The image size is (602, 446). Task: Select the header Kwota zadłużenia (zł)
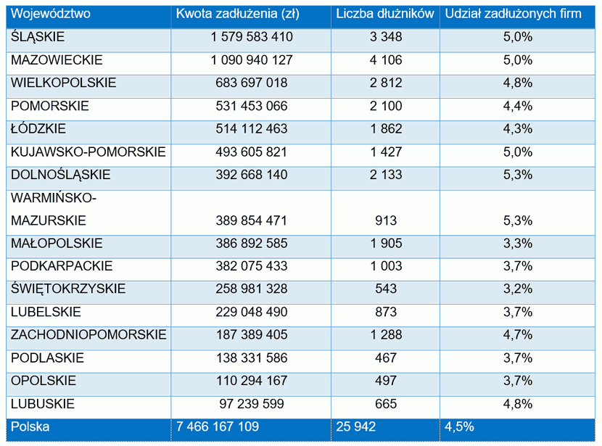click(238, 14)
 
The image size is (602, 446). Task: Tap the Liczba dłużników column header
click(385, 14)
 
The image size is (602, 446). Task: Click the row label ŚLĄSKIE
click(38, 36)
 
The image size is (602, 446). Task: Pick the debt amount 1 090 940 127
click(252, 59)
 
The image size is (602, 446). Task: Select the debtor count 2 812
click(385, 83)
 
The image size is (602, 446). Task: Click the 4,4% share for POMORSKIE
click(518, 106)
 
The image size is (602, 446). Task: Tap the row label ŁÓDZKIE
click(38, 128)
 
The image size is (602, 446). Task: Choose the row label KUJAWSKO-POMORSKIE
click(88, 152)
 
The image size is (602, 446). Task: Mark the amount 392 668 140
click(252, 175)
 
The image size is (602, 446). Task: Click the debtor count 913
click(385, 220)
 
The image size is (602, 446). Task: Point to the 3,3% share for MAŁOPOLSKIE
click(518, 244)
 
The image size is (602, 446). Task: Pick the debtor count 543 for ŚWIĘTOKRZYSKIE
click(385, 289)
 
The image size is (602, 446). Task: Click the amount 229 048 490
click(252, 312)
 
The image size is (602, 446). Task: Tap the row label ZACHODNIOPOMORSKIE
click(88, 335)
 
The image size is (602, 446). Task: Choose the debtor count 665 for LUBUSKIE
click(385, 404)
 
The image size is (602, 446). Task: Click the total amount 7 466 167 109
click(218, 427)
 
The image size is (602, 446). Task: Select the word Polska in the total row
click(30, 427)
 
